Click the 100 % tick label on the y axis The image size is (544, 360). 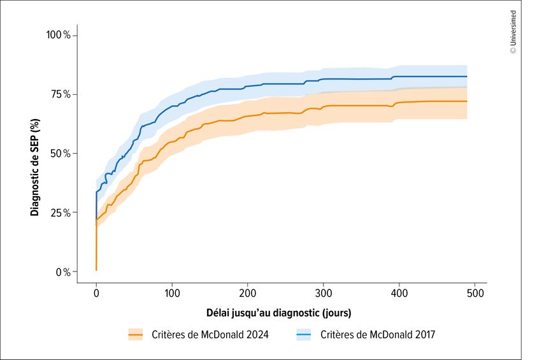61,34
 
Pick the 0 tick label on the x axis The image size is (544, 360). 96,293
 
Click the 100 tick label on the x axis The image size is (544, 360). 172,293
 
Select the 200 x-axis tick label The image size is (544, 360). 248,293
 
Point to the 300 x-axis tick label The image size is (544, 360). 324,293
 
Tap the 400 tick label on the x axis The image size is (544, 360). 399,293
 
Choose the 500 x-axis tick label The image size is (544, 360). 475,293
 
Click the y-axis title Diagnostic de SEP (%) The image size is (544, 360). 35,153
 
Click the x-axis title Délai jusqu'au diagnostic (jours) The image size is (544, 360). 278,313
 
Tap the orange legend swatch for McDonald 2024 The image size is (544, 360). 135,335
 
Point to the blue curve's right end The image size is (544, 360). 467,76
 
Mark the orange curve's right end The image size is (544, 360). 467,101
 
